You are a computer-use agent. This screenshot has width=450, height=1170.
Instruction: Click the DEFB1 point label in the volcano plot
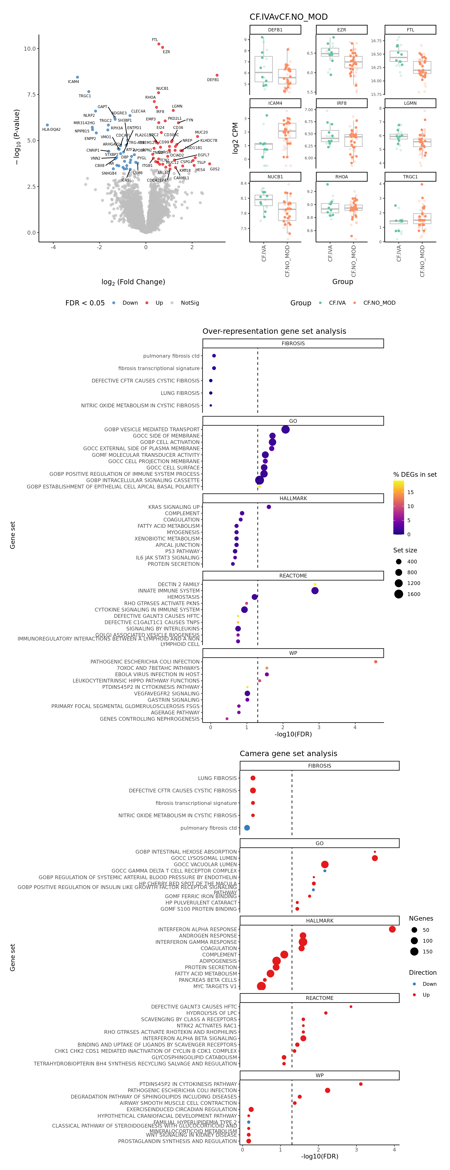point(213,80)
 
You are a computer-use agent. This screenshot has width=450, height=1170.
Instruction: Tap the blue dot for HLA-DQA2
point(47,125)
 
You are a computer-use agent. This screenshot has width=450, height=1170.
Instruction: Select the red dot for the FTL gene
point(159,44)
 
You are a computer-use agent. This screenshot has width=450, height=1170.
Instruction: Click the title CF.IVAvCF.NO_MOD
point(288,17)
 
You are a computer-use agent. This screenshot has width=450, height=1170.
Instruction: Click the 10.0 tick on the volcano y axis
point(30,49)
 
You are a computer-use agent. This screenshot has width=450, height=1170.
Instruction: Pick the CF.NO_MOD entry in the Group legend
point(379,303)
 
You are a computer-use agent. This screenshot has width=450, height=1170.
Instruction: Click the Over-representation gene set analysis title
point(274,331)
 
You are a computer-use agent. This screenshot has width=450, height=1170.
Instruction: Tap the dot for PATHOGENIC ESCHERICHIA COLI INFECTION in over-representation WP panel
point(375,662)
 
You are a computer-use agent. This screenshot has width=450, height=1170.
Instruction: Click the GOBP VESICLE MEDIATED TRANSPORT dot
point(285,429)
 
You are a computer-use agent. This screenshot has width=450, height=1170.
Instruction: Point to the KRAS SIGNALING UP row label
point(174,507)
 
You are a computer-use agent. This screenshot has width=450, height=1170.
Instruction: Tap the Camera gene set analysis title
point(288,754)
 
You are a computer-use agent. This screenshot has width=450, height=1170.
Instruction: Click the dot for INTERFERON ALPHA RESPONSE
point(392,929)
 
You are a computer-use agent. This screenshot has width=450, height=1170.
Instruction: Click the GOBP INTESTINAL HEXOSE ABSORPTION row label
point(186,852)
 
